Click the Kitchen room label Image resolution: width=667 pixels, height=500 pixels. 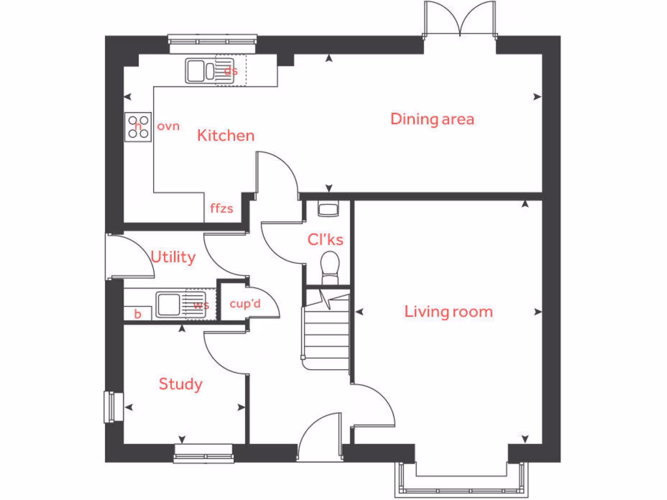pyautogui.click(x=225, y=135)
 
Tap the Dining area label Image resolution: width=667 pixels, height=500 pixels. pyautogui.click(x=432, y=119)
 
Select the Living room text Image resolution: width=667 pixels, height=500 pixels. pyautogui.click(x=448, y=311)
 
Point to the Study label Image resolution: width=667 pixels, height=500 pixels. pyautogui.click(x=180, y=384)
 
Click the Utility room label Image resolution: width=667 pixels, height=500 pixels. pyautogui.click(x=173, y=257)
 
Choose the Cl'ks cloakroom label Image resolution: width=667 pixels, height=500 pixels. pyautogui.click(x=325, y=240)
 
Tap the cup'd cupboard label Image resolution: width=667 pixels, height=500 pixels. pyautogui.click(x=245, y=304)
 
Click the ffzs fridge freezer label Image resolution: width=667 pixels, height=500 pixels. pyautogui.click(x=221, y=209)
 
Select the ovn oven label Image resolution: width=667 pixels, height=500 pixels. pyautogui.click(x=168, y=126)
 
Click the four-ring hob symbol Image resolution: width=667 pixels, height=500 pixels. pyautogui.click(x=138, y=126)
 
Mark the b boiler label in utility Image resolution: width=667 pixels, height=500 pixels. pyautogui.click(x=137, y=314)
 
